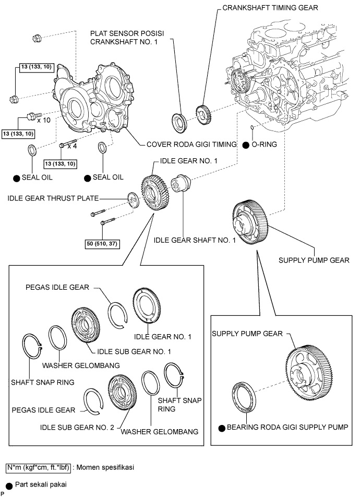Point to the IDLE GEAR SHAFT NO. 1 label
point(195,241)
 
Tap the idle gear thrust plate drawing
point(135,199)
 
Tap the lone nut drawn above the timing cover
point(36,38)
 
